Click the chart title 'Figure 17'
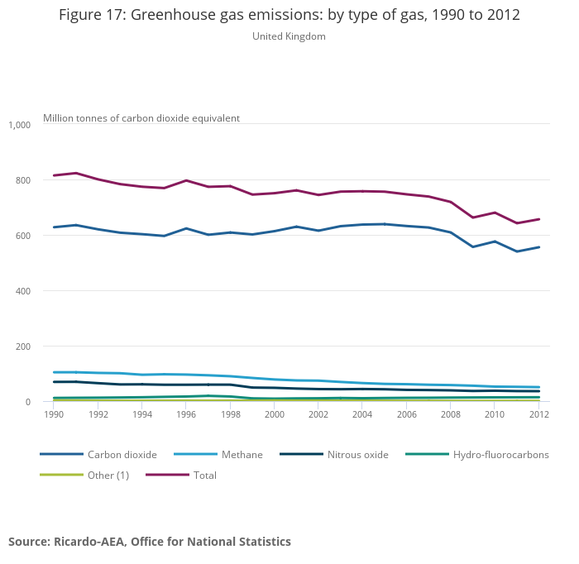tap(289, 16)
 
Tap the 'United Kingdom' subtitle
tap(289, 36)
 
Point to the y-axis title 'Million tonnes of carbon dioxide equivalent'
tap(141, 118)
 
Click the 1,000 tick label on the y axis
tap(19, 125)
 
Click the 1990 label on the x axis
tap(54, 413)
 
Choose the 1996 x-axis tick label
tap(186, 413)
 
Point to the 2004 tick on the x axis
tap(362, 413)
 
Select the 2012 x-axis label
tap(539, 413)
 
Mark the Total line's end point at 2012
tap(539, 219)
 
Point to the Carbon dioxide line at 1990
tap(54, 227)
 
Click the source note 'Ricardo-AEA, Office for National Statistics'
tap(150, 542)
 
